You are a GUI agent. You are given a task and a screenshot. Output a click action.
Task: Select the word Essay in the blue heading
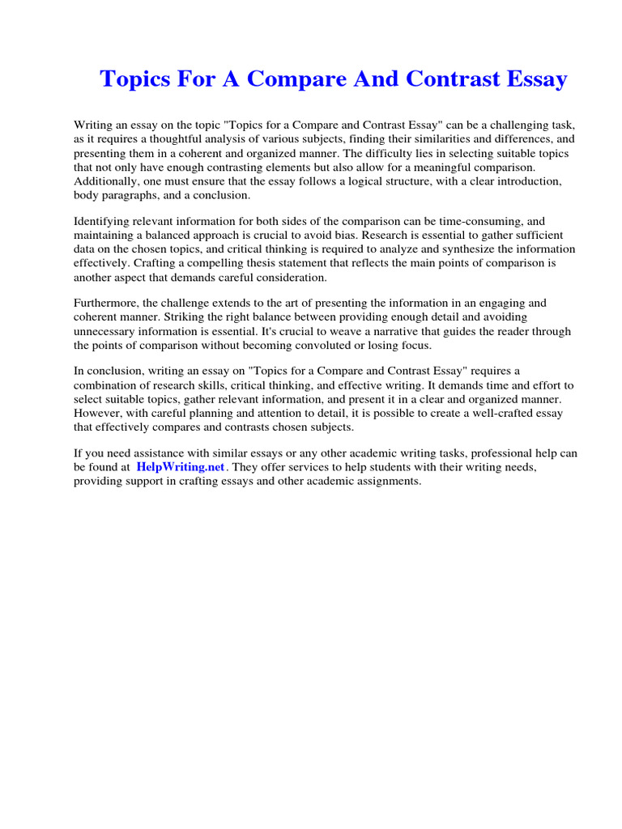(534, 80)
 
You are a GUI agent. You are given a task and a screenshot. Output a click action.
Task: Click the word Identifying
(103, 220)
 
